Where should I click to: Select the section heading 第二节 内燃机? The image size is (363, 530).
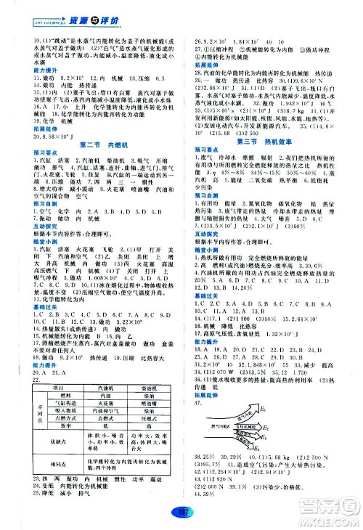coord(97,165)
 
